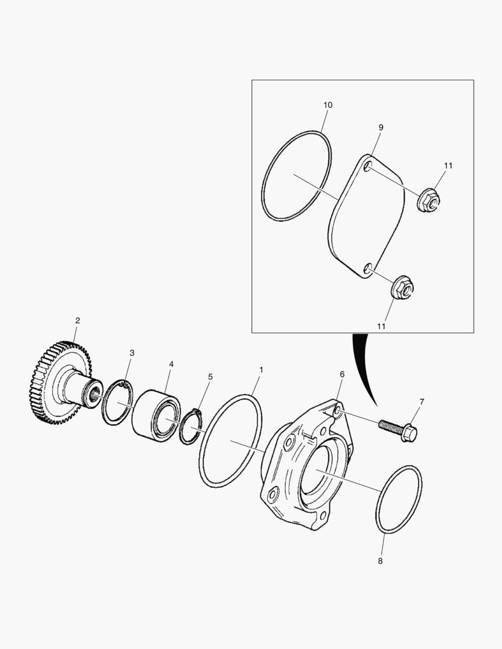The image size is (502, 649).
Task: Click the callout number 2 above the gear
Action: point(77,320)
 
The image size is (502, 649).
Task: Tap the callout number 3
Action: point(132,353)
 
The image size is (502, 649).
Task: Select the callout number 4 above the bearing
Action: point(171,365)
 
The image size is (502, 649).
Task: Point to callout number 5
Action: point(210,377)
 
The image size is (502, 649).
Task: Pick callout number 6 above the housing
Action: point(342,374)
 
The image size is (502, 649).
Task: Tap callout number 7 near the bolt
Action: point(421,401)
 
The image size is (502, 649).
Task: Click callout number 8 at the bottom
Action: point(380,561)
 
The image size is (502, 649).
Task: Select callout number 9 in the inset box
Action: point(381,127)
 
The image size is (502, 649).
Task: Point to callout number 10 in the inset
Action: point(328,105)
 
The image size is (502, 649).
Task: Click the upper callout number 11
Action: point(448,165)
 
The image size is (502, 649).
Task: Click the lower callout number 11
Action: point(381,325)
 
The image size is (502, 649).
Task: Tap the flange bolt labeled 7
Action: point(399,428)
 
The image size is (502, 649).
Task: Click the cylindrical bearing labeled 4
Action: point(155,413)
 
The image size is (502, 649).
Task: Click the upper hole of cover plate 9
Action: point(369,165)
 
